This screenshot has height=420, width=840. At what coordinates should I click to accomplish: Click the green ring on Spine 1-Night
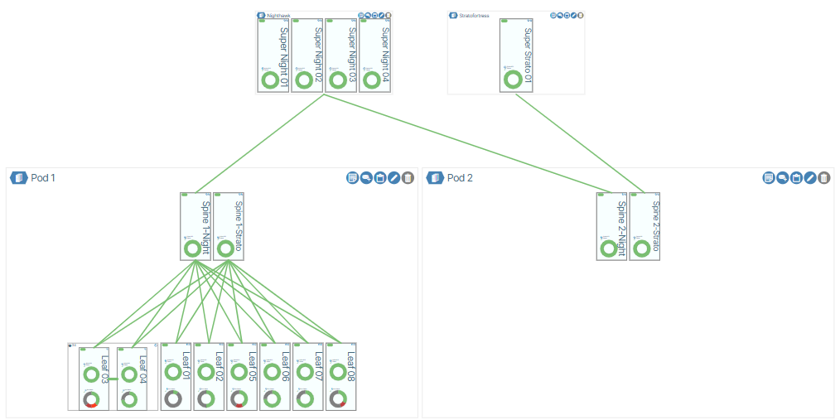coord(193,249)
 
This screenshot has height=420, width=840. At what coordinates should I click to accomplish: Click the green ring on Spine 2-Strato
coord(642,249)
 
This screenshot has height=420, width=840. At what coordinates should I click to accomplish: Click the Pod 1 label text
coord(43,178)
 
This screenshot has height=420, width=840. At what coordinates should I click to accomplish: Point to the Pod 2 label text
coord(460,178)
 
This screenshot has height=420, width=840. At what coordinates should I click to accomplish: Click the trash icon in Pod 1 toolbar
coord(408,178)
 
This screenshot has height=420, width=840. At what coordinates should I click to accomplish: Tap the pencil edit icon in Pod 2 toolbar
coord(810,178)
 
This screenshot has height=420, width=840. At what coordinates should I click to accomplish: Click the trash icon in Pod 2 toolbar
coord(823,178)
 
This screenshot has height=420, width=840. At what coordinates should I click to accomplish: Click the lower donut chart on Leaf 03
coord(91,399)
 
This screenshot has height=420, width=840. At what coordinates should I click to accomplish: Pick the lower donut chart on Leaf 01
coord(172,398)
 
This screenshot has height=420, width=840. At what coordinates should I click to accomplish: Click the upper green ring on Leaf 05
coord(239,372)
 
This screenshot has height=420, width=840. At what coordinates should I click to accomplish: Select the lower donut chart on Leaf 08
coord(337,398)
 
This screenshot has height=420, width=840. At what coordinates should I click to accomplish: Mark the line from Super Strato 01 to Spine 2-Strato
coord(580,142)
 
